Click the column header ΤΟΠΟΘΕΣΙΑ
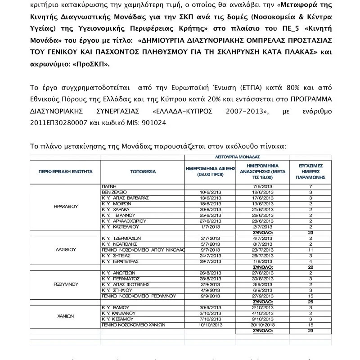coord(143,171)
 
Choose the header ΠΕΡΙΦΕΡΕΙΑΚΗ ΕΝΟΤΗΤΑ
coord(65,171)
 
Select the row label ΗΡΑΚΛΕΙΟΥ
coord(66,207)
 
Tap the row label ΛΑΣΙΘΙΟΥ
coord(66,248)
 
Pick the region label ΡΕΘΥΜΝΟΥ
coord(66,284)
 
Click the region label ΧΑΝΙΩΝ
coord(66,316)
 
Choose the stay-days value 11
coord(310,249)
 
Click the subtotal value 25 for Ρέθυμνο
coord(310,301)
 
